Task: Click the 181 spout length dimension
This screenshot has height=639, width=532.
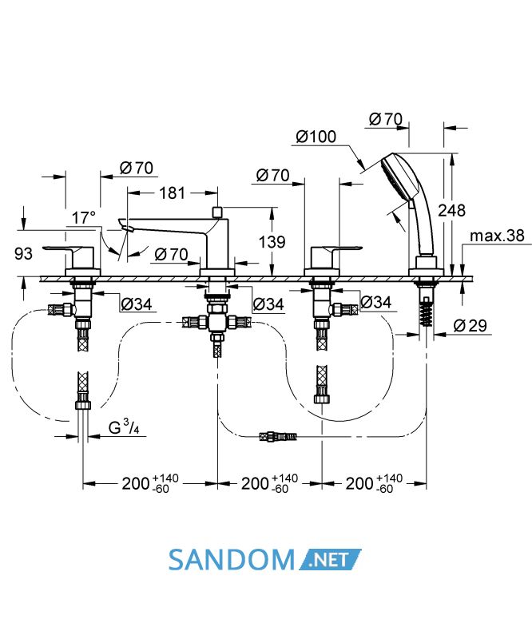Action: pos(172,192)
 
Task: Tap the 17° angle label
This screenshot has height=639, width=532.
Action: pos(84,217)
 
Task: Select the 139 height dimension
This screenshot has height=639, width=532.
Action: pos(272,242)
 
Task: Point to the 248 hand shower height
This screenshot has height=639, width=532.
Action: pos(451,210)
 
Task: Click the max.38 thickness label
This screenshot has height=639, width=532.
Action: pos(497,236)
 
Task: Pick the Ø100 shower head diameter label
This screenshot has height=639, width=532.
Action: pos(316,137)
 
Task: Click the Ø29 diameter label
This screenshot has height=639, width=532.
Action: pos(470,326)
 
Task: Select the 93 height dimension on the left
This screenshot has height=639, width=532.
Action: pos(23,253)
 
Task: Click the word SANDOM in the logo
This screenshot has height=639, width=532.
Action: pos(231,560)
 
